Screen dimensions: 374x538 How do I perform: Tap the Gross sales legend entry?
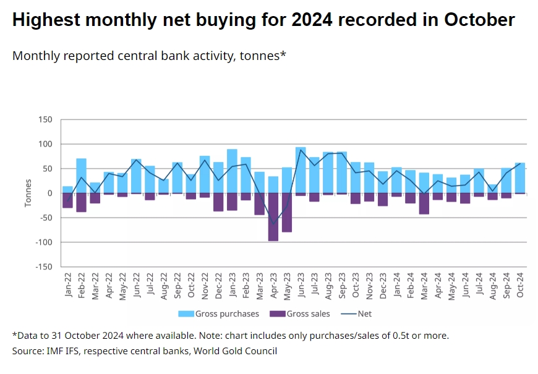(300, 314)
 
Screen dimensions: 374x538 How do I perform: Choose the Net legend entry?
(358, 314)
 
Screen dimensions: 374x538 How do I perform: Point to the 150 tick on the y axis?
(45, 119)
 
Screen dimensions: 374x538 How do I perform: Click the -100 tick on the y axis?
(44, 242)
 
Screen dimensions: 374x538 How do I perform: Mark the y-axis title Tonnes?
(28, 193)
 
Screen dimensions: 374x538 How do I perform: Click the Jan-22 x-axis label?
(68, 284)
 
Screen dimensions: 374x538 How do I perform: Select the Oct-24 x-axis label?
(520, 284)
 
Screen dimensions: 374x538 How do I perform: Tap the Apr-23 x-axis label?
(273, 284)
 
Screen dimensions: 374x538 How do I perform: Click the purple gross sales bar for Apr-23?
(273, 217)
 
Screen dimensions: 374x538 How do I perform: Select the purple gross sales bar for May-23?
(287, 213)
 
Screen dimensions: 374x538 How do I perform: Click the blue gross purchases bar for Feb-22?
(82, 176)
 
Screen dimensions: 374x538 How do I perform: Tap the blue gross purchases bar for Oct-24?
(520, 178)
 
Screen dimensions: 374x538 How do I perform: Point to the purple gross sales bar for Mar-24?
(424, 203)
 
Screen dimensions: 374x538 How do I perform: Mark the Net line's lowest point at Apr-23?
(273, 224)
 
